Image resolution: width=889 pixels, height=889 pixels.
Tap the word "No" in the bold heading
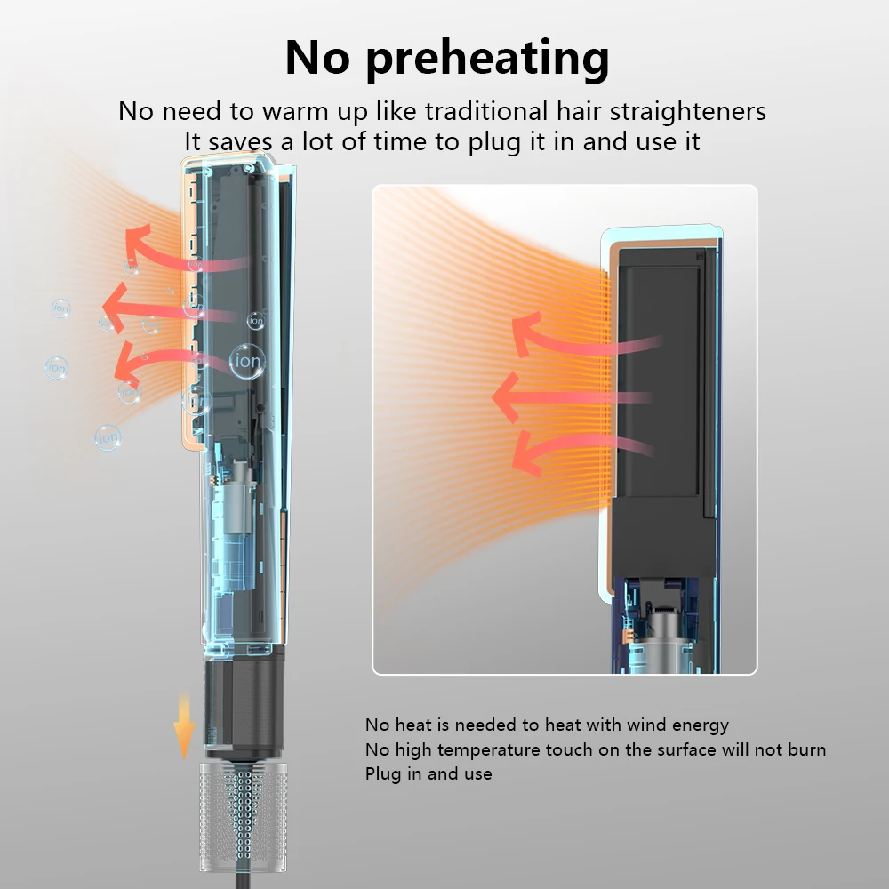coord(317,57)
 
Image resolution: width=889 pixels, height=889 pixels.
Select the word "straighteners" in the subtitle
coord(688,112)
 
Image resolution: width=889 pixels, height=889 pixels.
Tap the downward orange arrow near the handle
coord(184,725)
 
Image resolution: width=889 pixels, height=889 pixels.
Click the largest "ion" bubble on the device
coord(248,361)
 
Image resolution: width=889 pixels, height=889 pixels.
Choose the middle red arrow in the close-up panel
coord(572,397)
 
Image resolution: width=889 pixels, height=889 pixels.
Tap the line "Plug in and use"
coord(428,774)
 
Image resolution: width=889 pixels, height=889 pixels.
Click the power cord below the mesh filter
coord(243,880)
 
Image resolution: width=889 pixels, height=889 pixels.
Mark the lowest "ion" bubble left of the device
coord(108,437)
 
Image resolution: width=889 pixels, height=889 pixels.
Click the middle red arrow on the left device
coord(170,309)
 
